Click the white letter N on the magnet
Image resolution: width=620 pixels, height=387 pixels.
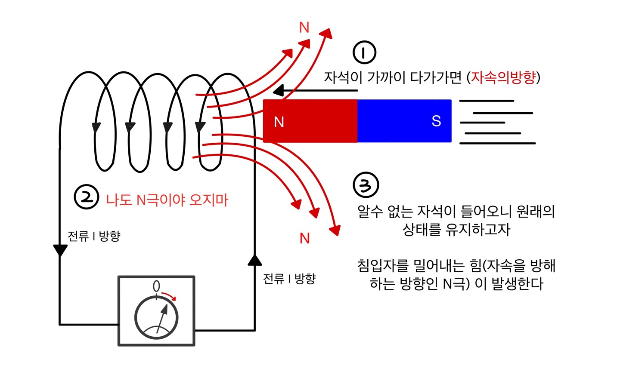[279, 122]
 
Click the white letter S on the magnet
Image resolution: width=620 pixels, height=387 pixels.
[436, 121]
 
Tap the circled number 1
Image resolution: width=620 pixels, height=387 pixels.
[364, 52]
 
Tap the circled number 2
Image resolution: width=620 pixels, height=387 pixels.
[87, 197]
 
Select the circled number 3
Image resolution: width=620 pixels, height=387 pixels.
[366, 185]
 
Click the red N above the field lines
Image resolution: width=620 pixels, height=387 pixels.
[304, 28]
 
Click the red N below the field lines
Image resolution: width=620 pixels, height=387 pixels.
[305, 238]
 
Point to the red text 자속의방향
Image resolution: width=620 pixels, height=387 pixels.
[503, 77]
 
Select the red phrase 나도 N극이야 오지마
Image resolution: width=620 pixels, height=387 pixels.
[167, 200]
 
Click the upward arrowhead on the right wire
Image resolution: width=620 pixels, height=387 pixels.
[255, 260]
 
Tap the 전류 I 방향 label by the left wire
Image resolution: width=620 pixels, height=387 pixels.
[94, 236]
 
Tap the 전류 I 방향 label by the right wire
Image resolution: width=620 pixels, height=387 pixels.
[289, 279]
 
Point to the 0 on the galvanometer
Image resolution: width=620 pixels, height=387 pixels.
[156, 286]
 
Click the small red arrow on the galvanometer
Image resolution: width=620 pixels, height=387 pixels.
[169, 296]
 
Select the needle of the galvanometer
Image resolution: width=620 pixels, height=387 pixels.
[161, 318]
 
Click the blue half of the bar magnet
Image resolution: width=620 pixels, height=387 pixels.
[404, 121]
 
